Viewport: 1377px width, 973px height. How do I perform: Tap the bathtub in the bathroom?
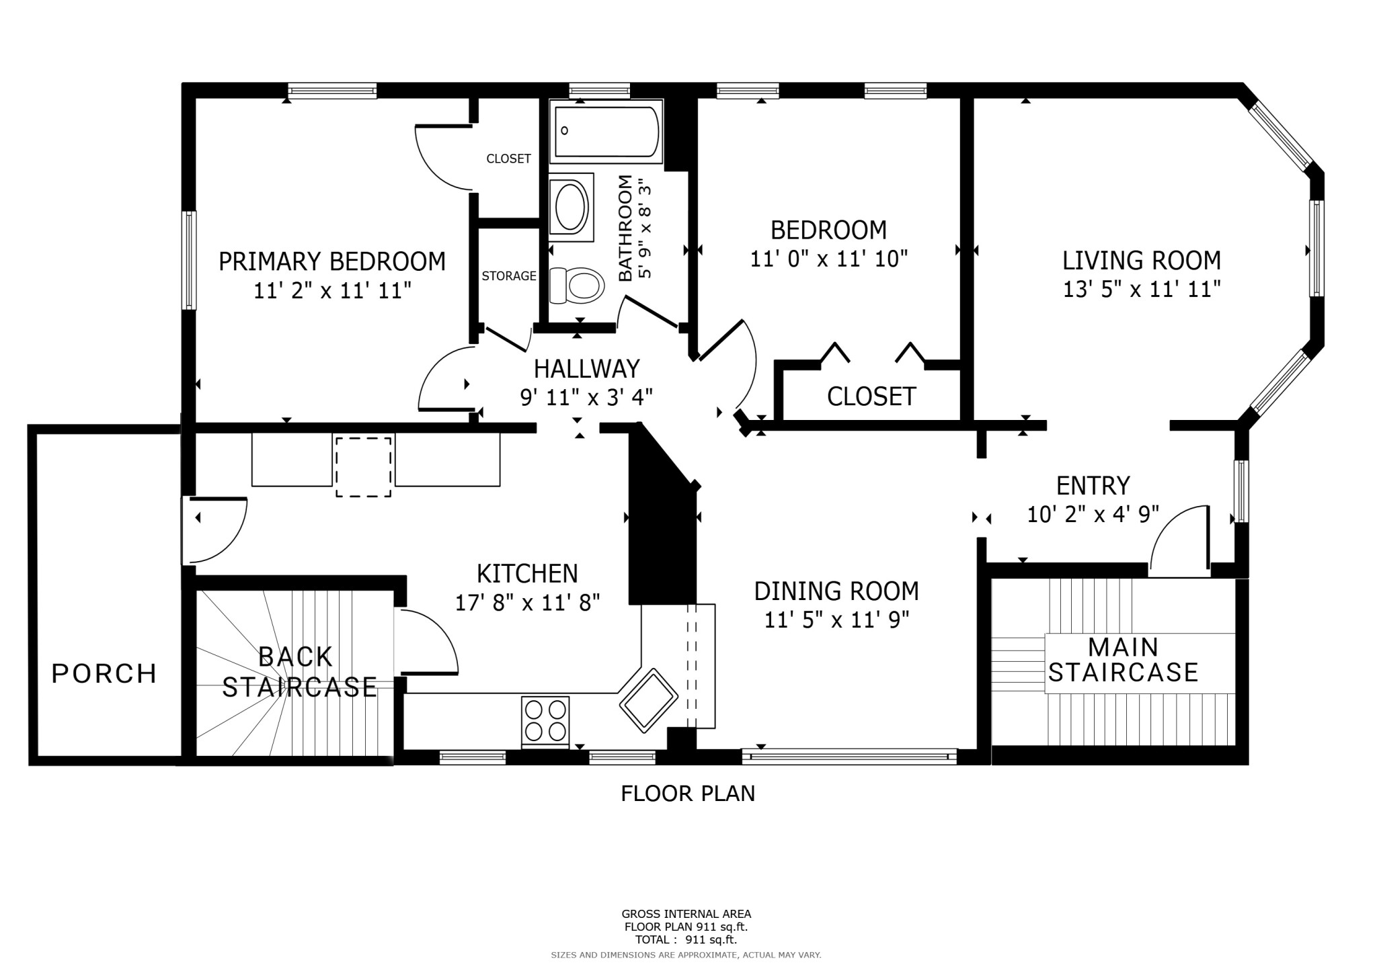[606, 131]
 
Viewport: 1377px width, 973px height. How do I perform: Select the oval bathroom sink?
[572, 206]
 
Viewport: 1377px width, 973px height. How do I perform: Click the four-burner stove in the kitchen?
[545, 720]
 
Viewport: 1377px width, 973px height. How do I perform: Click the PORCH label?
[104, 673]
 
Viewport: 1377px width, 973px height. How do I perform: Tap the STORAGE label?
[509, 276]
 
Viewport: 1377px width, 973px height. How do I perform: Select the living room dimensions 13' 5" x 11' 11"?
[1142, 290]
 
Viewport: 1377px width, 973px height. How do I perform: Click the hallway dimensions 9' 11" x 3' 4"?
[586, 398]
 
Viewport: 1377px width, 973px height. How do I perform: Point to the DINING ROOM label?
[836, 591]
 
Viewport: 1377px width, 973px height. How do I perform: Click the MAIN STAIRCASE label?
[1124, 660]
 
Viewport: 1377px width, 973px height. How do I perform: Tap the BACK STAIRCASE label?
[299, 672]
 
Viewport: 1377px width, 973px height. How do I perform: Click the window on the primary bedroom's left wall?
[190, 260]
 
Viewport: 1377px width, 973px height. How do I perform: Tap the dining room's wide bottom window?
[849, 757]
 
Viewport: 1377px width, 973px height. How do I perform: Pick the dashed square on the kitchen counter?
[363, 467]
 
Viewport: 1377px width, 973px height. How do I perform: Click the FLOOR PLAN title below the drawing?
[688, 794]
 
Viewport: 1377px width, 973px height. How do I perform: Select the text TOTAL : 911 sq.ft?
[686, 940]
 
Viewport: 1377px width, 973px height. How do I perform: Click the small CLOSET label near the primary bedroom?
[508, 159]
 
